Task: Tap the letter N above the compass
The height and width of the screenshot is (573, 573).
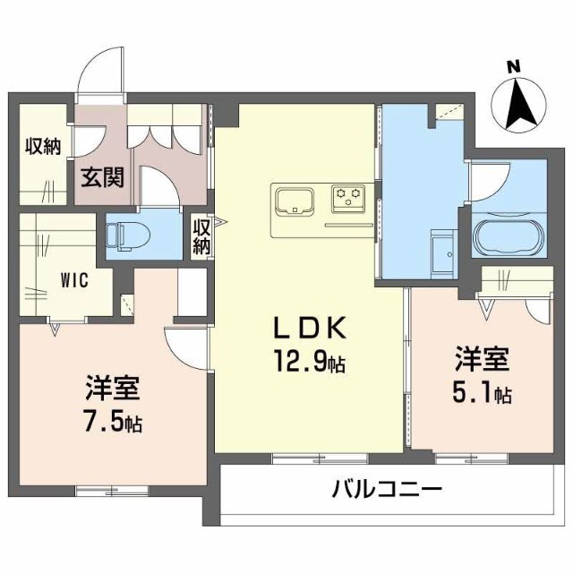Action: click(513, 65)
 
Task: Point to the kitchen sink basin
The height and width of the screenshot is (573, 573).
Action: click(292, 199)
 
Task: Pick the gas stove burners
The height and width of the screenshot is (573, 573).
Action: click(347, 197)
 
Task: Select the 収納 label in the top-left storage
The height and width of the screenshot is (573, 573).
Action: click(43, 146)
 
